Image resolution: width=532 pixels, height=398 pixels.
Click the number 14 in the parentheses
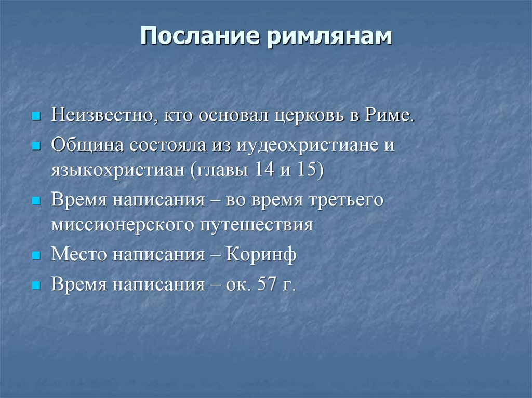pos(266,171)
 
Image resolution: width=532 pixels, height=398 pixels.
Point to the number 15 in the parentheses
pos(308,171)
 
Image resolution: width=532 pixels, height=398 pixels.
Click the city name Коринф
pos(261,256)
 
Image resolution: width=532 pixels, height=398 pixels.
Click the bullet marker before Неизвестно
pos(36,116)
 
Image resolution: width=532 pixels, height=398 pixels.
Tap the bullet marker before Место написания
pos(36,256)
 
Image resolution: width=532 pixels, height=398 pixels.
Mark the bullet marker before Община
pos(36,146)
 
